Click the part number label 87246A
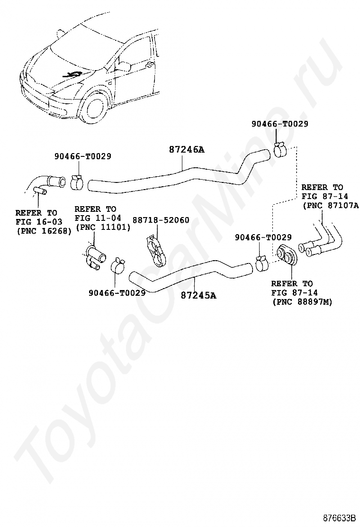tap(186, 150)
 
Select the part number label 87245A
tap(198, 295)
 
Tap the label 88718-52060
tap(161, 220)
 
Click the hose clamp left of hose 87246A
tap(78, 181)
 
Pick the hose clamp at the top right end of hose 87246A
tap(279, 149)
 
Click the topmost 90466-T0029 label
tap(280, 124)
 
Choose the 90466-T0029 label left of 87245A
tap(117, 293)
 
